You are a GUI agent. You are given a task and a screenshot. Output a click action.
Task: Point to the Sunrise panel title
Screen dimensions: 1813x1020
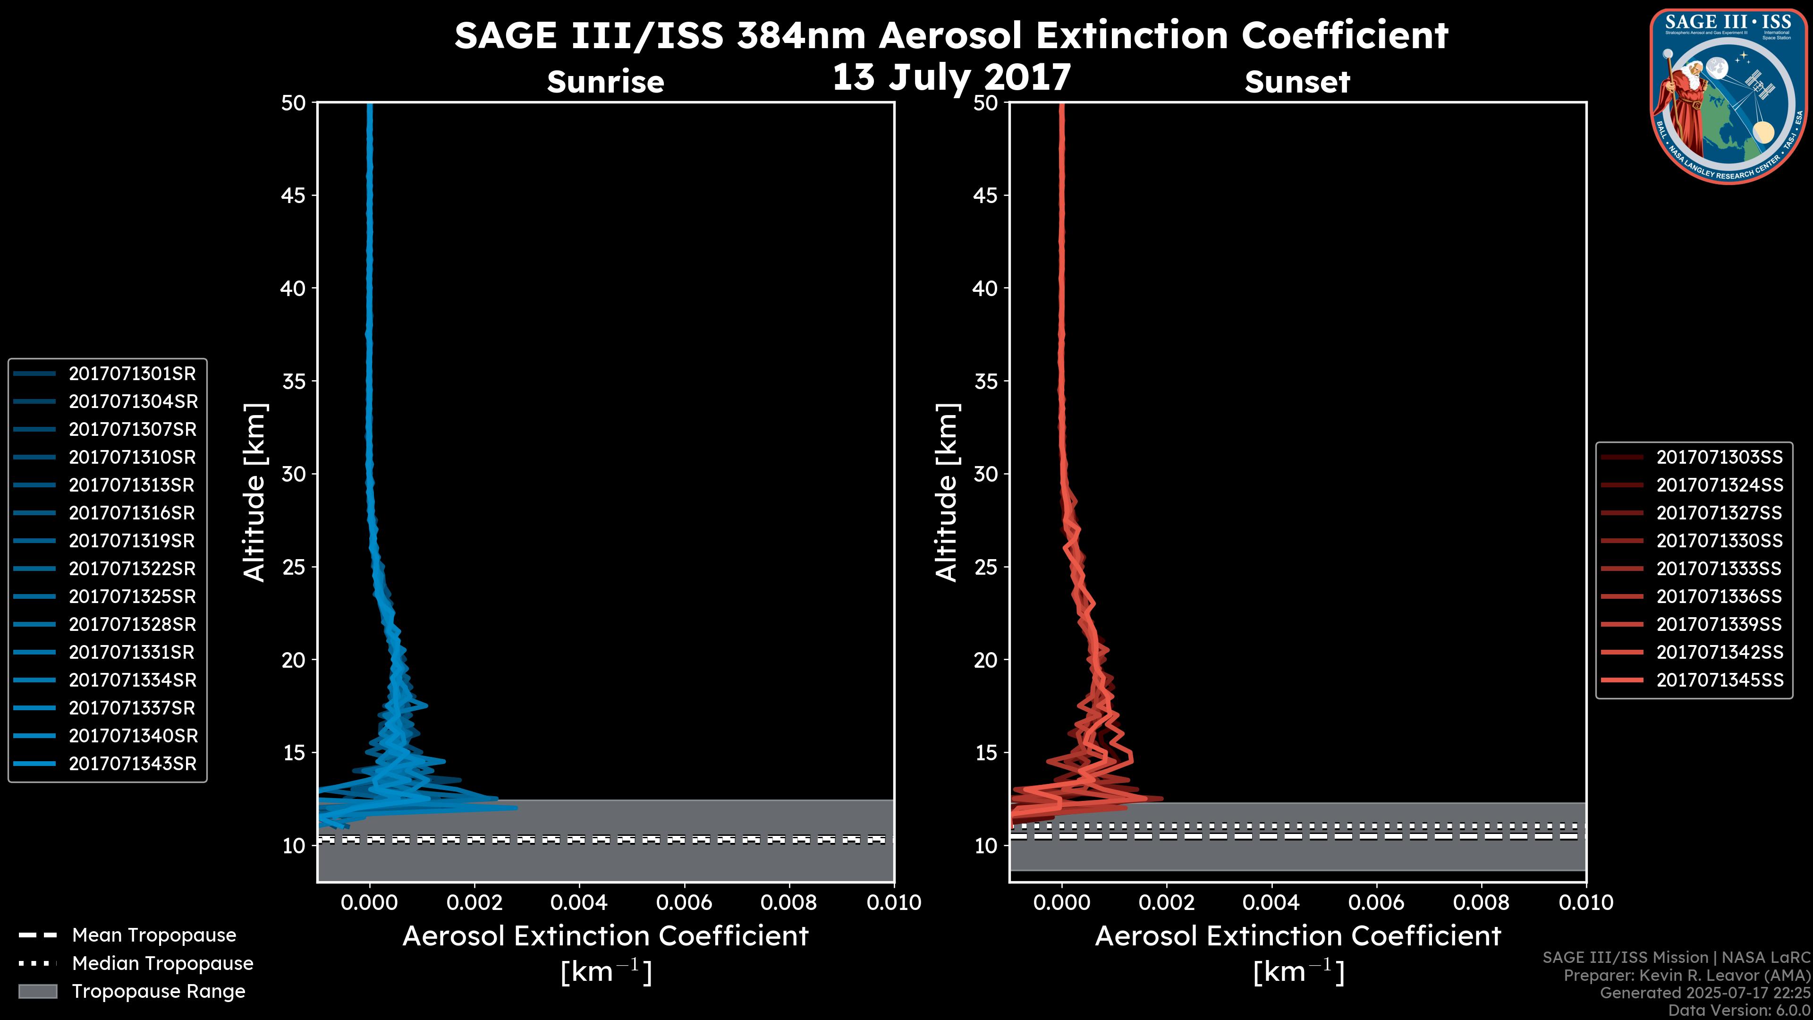(x=605, y=82)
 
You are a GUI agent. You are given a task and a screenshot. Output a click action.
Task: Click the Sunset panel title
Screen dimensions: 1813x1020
(x=1297, y=82)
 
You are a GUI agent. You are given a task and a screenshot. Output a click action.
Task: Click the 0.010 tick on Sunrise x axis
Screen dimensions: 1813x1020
(x=894, y=902)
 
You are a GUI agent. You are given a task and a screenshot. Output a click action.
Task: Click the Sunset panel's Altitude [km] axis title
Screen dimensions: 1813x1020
(x=947, y=492)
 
